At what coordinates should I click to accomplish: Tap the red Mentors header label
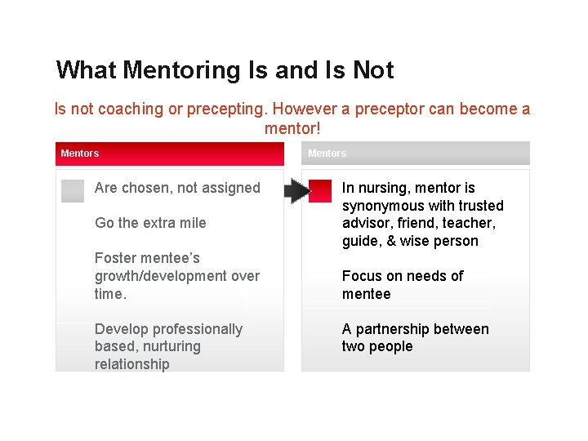pos(80,154)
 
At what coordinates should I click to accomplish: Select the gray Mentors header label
pos(327,154)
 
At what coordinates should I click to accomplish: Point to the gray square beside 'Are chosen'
pos(73,190)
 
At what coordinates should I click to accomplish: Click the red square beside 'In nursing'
pos(320,190)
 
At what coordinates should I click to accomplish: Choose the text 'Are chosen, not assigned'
pos(177,188)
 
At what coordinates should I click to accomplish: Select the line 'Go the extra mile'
pos(150,223)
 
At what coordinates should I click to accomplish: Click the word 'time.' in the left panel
pos(111,294)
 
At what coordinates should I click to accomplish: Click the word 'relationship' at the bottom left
pos(131,364)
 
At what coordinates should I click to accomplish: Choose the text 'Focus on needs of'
pos(402,276)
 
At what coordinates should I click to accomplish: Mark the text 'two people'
pos(377,346)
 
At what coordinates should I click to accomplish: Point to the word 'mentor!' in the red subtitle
pos(292,128)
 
